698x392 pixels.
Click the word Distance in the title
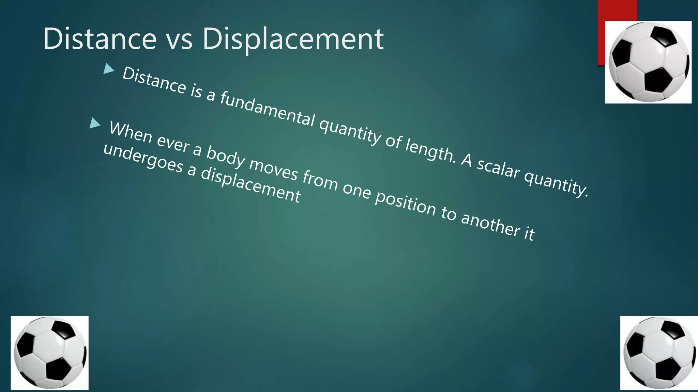click(x=100, y=39)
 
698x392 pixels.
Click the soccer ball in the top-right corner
click(x=648, y=62)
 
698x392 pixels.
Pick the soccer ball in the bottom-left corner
click(x=50, y=353)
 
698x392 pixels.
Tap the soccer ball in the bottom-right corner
click(x=659, y=353)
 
